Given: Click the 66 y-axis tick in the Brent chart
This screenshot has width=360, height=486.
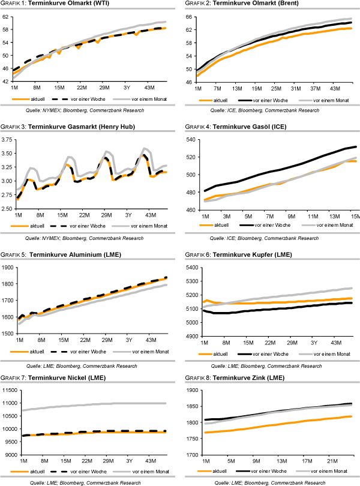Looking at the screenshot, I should (x=188, y=17).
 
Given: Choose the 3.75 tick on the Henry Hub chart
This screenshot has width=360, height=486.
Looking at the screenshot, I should (x=7, y=140).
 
